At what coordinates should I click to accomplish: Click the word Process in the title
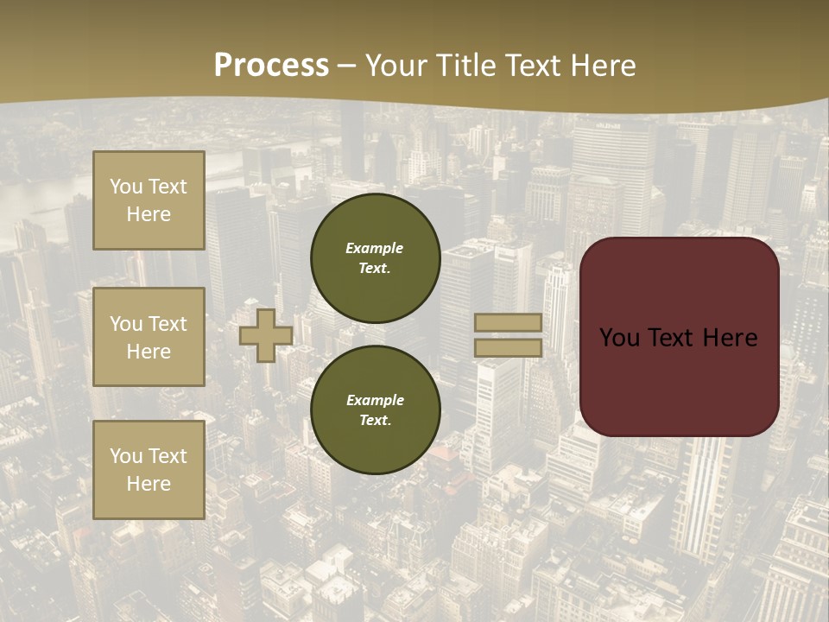coord(271,66)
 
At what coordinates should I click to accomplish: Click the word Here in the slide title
coord(598,66)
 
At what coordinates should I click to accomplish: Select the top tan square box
coord(149,200)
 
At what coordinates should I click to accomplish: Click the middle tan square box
coord(149,337)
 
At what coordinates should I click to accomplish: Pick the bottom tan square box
coord(149,470)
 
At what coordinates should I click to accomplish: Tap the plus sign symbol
coord(265,335)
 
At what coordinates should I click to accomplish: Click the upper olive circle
coord(376,258)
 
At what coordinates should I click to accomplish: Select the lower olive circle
coord(376,410)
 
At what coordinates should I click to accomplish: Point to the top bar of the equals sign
coord(508,323)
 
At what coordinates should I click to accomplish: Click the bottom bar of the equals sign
coord(508,347)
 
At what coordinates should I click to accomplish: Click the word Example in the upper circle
coord(375,248)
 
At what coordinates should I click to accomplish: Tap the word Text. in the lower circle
coord(375,421)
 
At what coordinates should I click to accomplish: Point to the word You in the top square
coord(126,187)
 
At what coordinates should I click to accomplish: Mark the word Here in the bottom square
coord(149,484)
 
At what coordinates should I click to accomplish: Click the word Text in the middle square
coord(168,324)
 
